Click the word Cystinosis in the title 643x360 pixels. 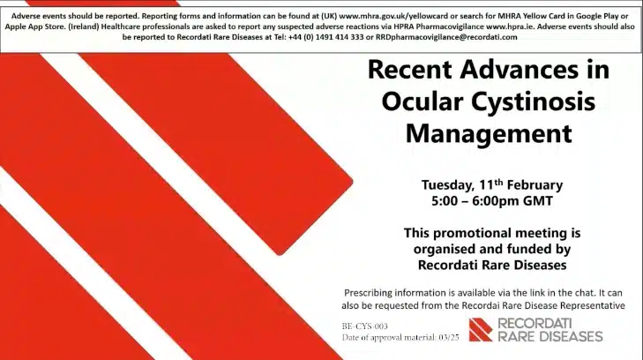coord(533,101)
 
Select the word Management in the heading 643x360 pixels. coord(489,133)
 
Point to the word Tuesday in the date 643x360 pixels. coord(448,185)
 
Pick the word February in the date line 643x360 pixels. coord(535,185)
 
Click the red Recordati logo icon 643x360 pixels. coord(481,330)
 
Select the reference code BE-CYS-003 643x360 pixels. coord(364,326)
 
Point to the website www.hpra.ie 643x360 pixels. coord(510,26)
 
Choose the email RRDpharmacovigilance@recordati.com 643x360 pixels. coord(446,37)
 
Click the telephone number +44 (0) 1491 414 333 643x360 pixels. coord(325,37)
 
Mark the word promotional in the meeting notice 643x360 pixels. coord(472,233)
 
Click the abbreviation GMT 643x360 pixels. coord(538,201)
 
